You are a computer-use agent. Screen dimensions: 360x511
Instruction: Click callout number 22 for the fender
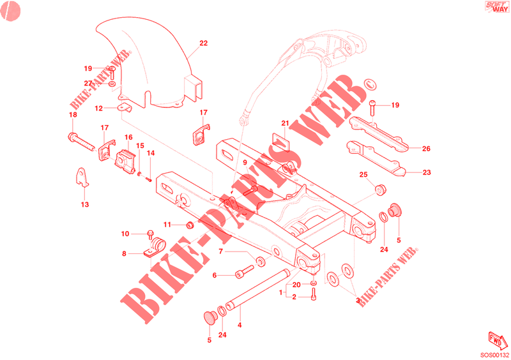(203, 44)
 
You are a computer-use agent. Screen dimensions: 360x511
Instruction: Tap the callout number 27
(88, 83)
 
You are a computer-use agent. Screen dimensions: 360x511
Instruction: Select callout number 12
(99, 109)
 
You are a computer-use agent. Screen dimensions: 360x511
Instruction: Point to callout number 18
(72, 115)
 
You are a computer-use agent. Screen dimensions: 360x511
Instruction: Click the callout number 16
(128, 137)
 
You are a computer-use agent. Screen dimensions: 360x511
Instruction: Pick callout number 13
(85, 205)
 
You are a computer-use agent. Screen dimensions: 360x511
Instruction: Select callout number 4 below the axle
(240, 325)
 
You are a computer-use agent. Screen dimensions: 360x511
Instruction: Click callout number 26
(426, 149)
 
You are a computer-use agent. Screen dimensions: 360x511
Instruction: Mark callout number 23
(427, 172)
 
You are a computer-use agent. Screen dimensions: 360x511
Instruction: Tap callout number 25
(362, 174)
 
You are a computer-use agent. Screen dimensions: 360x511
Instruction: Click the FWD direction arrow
(498, 338)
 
